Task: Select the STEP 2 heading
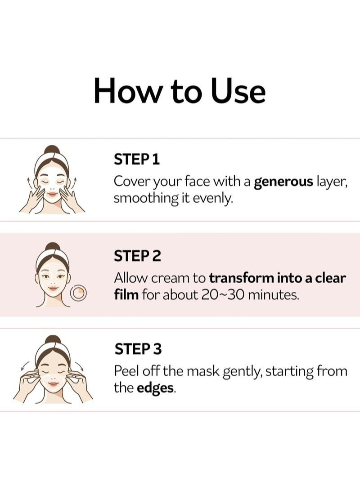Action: pyautogui.click(x=137, y=256)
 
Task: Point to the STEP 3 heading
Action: pyautogui.click(x=138, y=349)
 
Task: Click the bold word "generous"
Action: pyautogui.click(x=283, y=182)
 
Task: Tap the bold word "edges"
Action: pyautogui.click(x=155, y=388)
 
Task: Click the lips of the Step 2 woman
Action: pyautogui.click(x=53, y=288)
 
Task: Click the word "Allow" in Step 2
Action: pyautogui.click(x=130, y=278)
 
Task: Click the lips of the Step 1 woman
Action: pyautogui.click(x=52, y=194)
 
